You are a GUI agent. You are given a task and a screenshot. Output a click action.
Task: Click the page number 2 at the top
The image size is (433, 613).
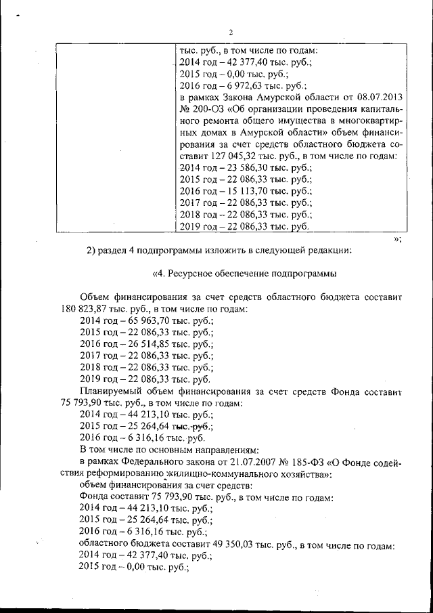231,32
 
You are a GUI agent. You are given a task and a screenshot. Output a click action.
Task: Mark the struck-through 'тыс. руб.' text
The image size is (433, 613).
191,426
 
